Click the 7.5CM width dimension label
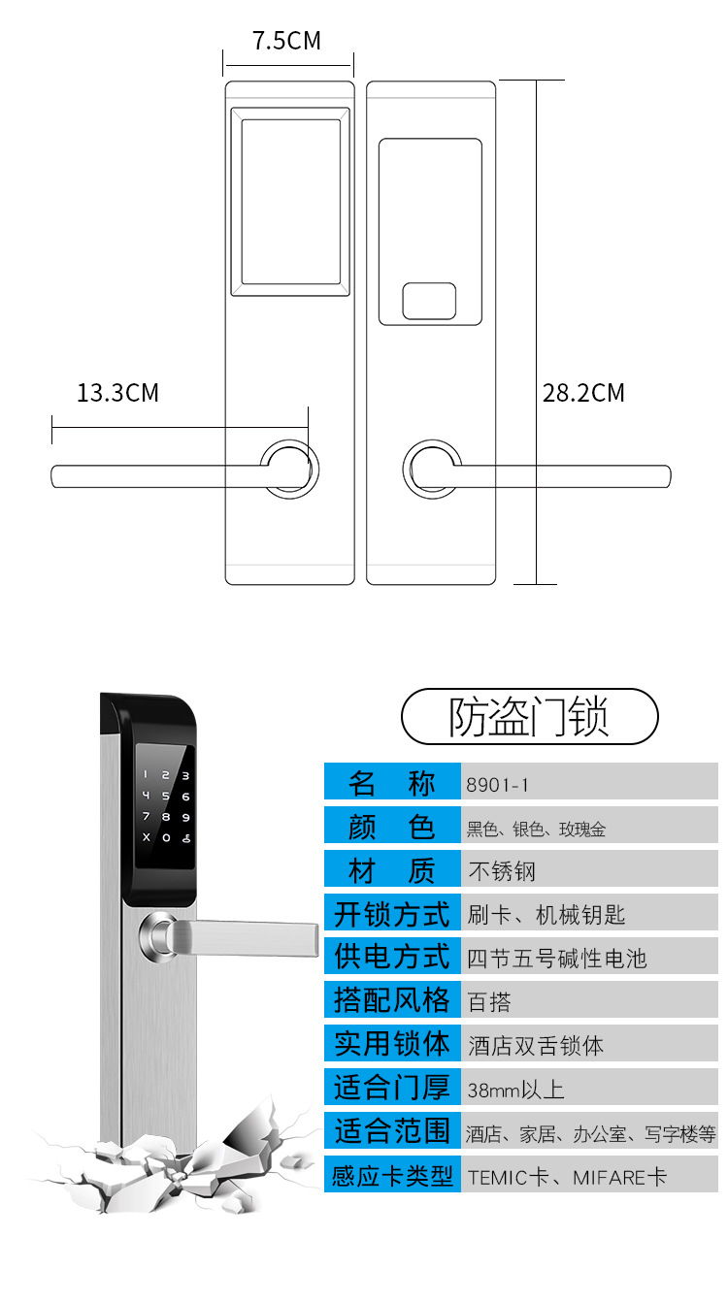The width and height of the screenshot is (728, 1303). click(x=286, y=41)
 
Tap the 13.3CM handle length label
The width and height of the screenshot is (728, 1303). click(x=117, y=393)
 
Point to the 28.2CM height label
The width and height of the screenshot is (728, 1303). click(x=583, y=393)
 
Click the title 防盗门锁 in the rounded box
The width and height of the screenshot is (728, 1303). click(x=529, y=718)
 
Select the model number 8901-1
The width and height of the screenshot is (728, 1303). click(x=497, y=785)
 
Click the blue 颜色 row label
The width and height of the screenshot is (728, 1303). click(x=392, y=827)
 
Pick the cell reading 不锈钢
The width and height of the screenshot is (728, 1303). click(x=502, y=870)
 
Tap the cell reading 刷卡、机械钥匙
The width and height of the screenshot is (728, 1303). click(x=546, y=914)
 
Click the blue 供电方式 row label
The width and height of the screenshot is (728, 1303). click(x=392, y=958)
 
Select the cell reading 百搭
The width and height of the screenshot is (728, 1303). click(x=489, y=1001)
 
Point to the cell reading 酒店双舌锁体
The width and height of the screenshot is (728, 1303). click(x=536, y=1046)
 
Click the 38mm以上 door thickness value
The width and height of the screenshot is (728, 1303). click(x=515, y=1090)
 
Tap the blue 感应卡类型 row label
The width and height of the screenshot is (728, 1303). click(x=392, y=1177)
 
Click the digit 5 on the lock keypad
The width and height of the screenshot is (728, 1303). click(x=166, y=797)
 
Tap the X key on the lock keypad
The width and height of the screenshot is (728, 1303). click(x=147, y=837)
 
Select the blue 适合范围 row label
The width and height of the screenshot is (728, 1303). click(x=392, y=1132)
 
